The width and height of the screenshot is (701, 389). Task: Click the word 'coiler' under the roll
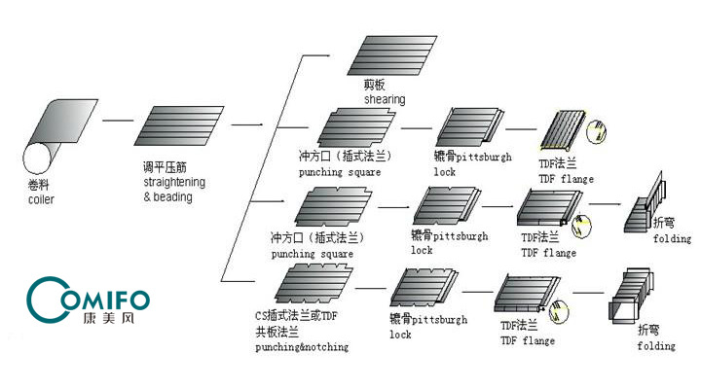coord(42,199)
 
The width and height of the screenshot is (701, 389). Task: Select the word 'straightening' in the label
coord(174,182)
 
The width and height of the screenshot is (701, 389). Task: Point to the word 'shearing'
coord(384,99)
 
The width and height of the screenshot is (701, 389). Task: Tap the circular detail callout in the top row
coord(601,127)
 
